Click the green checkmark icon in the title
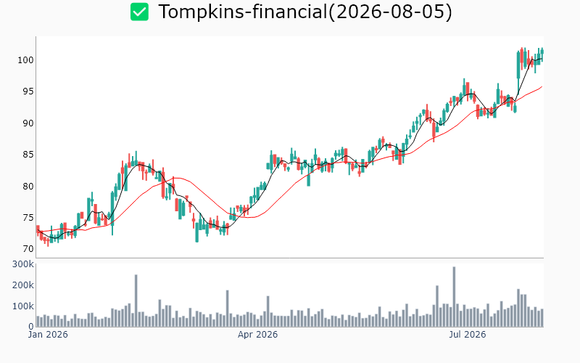click(139, 12)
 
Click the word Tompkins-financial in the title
click(243, 12)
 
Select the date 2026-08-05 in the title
click(390, 12)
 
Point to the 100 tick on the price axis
click(25, 60)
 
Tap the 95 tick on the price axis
click(28, 91)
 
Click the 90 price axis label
click(28, 123)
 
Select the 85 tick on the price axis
click(28, 155)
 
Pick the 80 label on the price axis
click(28, 186)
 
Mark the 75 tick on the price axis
click(28, 217)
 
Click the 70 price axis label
click(28, 249)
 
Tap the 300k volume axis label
click(23, 264)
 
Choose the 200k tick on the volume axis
click(23, 285)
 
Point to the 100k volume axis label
click(23, 306)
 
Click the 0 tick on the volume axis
click(31, 327)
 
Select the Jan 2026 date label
click(48, 335)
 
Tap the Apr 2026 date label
click(257, 335)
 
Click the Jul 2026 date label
click(467, 335)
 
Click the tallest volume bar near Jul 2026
click(454, 297)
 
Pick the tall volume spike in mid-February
click(136, 301)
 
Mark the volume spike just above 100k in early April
click(268, 311)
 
